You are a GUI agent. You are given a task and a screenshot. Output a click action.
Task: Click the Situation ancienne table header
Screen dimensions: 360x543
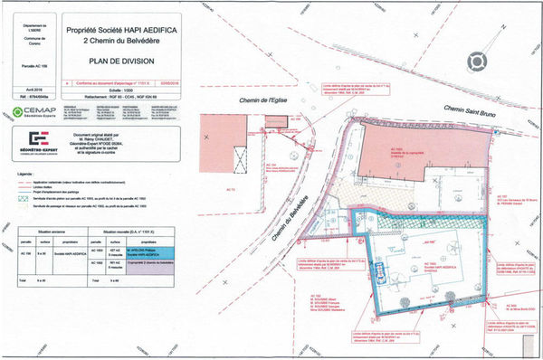tap(45, 232)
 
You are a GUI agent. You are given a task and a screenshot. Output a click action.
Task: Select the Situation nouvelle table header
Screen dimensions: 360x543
tap(128, 232)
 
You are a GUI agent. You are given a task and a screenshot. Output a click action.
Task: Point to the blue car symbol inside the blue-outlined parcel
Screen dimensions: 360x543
tap(381, 272)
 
